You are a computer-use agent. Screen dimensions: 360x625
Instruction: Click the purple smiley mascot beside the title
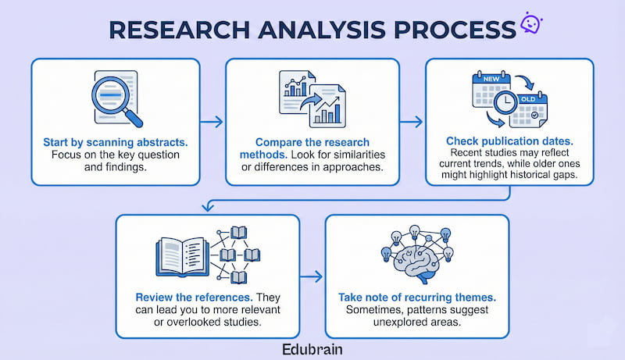[531, 23]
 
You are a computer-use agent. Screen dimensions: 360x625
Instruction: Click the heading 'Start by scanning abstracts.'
[115, 144]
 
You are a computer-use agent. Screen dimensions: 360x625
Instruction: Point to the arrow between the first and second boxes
[209, 123]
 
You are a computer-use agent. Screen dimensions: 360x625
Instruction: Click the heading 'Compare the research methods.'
[310, 144]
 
